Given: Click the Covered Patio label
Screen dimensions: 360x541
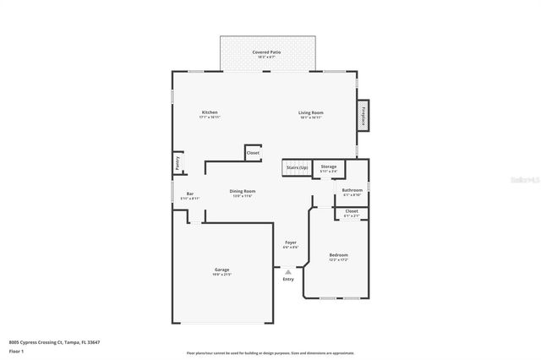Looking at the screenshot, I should point(266,52).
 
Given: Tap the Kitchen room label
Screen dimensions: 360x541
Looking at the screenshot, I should point(210,113).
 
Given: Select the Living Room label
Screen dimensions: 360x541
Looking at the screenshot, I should point(311,113).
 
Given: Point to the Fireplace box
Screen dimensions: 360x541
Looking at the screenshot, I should point(363,116).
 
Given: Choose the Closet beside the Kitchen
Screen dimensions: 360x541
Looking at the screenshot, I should point(253,152).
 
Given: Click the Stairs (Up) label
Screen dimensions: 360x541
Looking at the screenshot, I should point(297,167).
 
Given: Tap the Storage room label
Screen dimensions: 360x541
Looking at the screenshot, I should point(329,167).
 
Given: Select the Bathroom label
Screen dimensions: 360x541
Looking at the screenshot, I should point(352,191).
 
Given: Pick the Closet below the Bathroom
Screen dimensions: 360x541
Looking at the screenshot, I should point(352,211).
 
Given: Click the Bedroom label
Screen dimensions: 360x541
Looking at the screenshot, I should point(338,255).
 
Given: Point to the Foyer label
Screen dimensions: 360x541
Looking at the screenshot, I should point(290,243).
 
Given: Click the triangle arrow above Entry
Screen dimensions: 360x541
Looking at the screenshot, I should point(289,271).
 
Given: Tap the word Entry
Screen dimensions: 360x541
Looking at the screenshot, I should point(289,279).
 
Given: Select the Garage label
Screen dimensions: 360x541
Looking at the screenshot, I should point(222,270).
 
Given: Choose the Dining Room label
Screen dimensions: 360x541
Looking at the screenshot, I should point(243,192).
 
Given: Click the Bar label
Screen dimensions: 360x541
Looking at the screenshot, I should point(189,194).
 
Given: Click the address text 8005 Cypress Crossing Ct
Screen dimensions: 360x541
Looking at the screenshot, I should point(47,341).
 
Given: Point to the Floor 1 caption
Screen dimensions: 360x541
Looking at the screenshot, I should point(17,350).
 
